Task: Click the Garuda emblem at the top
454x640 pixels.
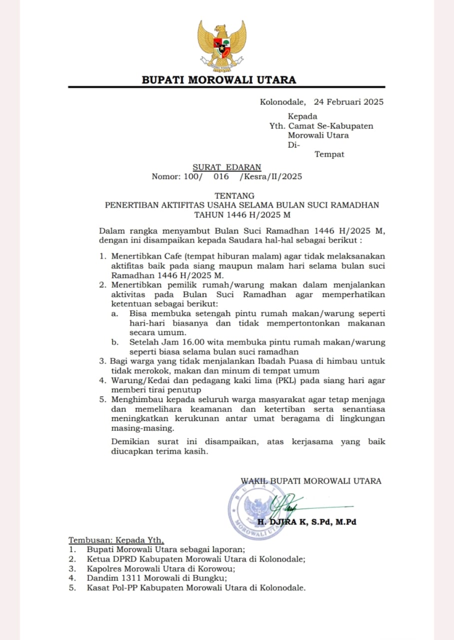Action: (221, 46)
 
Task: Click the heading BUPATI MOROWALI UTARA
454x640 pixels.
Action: (219, 79)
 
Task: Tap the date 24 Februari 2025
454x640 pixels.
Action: (348, 102)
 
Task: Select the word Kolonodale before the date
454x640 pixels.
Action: (282, 102)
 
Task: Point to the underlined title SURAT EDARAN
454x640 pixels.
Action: (227, 167)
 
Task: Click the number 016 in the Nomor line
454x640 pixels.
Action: (221, 176)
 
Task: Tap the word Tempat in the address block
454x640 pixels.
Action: (329, 154)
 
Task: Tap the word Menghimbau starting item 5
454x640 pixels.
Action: (135, 399)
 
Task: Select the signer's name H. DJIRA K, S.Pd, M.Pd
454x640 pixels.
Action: (306, 522)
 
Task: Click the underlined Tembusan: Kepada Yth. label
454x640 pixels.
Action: (116, 540)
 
